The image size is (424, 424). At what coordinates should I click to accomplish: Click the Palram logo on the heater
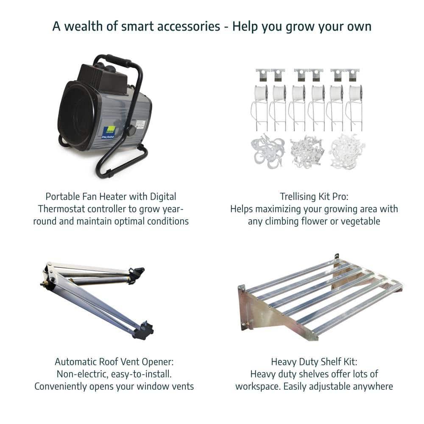[109, 132]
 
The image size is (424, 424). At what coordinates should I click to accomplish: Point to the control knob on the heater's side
[131, 130]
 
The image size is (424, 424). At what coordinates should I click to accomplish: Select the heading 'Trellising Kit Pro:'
[314, 197]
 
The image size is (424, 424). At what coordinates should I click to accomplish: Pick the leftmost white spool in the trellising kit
[261, 94]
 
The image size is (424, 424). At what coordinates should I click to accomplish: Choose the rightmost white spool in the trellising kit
[355, 94]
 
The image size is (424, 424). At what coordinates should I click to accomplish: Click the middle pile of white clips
[306, 151]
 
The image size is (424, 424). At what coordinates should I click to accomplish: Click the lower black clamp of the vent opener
[143, 330]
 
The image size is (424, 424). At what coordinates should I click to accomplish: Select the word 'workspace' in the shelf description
[258, 387]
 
